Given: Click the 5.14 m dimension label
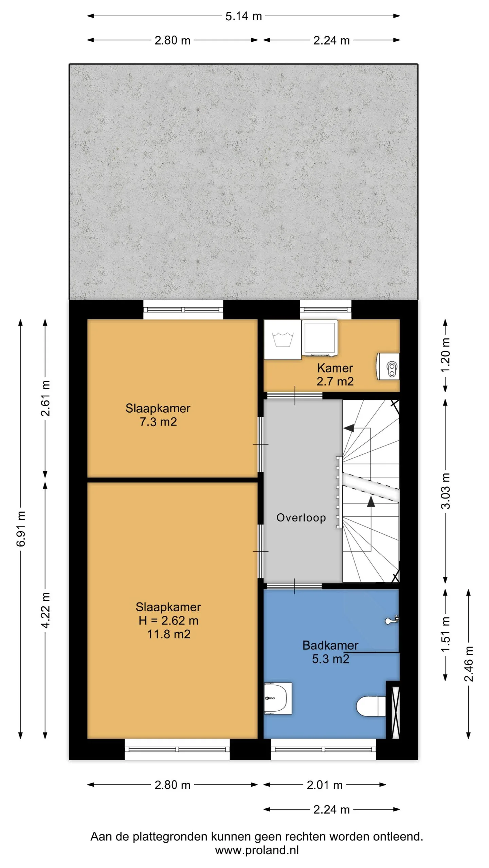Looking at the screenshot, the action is (x=243, y=16).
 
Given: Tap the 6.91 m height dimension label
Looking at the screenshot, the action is (x=21, y=529).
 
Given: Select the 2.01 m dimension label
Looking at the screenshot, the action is (x=325, y=785).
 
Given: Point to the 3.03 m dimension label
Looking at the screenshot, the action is (x=445, y=491).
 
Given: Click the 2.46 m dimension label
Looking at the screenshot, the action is (x=469, y=664).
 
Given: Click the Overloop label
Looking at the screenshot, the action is (x=301, y=518).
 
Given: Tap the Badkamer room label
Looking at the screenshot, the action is (x=330, y=645).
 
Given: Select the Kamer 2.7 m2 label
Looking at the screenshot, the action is (x=335, y=375).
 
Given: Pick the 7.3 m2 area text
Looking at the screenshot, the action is (x=158, y=422).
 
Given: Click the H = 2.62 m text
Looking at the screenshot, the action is (x=168, y=620).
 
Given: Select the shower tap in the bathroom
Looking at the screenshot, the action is (x=392, y=620).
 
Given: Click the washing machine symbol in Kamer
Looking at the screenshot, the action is (x=283, y=339).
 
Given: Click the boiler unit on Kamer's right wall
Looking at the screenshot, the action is (x=388, y=366).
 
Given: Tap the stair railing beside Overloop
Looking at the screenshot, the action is (x=339, y=492).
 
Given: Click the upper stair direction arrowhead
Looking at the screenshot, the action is (x=349, y=428).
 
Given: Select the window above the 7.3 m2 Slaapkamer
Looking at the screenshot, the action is (x=183, y=310).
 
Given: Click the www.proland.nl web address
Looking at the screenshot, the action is (x=257, y=850).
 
